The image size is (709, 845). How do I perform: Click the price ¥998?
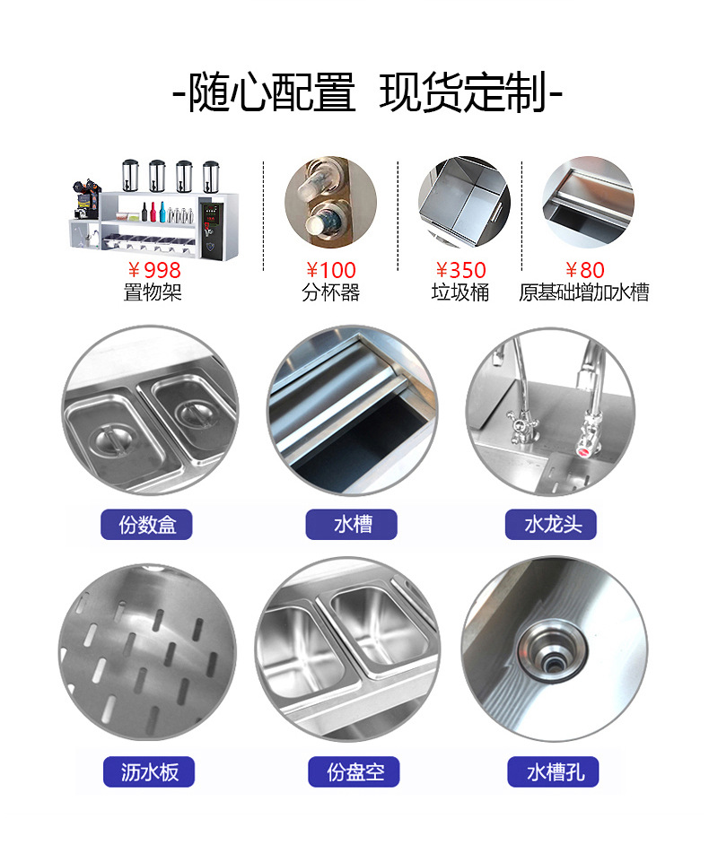tap(153, 270)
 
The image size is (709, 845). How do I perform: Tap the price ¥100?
tap(330, 270)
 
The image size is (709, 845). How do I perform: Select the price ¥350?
tap(460, 270)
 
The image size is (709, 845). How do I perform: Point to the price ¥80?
tap(584, 270)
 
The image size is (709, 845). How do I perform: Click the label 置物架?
tap(153, 292)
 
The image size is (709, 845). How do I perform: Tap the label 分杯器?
tap(330, 292)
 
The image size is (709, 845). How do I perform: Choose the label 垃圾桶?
tap(460, 292)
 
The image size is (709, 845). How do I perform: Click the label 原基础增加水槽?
tap(584, 292)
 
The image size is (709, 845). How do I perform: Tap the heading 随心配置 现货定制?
tap(366, 93)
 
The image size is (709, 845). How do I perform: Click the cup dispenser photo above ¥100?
tap(330, 202)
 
